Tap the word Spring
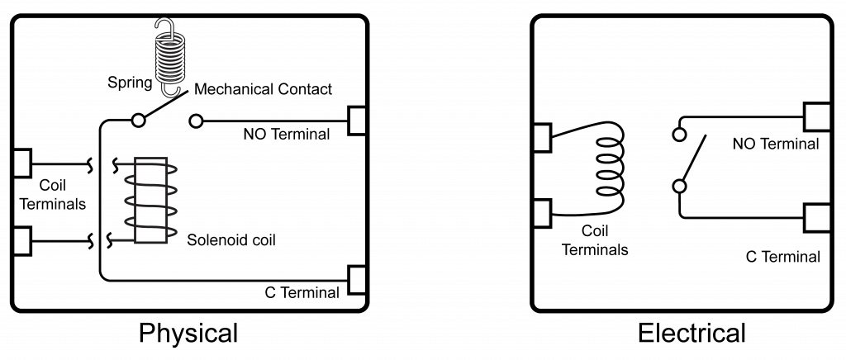130,83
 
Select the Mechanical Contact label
263,88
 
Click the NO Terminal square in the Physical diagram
357,121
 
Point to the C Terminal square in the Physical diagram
357,280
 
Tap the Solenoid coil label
231,241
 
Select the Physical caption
188,333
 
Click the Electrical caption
692,333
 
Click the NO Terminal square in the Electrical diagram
816,116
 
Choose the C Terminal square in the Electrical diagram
816,220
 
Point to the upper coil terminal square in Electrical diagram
541,138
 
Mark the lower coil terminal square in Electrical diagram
541,212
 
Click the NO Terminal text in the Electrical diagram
775,144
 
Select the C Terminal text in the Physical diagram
302,292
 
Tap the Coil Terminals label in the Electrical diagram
595,241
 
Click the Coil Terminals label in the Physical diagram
52,195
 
